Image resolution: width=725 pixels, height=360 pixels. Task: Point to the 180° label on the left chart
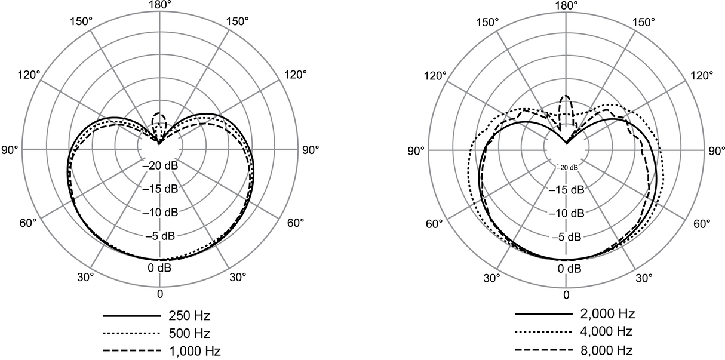[159, 5]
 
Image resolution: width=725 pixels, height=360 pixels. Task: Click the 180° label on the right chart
[566, 5]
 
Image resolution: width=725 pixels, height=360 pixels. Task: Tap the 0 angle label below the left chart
[159, 294]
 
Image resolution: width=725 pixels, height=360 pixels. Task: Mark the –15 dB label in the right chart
[566, 190]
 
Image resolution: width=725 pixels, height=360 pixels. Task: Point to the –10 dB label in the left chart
[159, 213]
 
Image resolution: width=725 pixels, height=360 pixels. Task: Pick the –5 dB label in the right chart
[566, 237]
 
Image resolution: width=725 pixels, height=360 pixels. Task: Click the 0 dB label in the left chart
[159, 267]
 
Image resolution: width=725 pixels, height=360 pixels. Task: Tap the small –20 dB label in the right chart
[567, 168]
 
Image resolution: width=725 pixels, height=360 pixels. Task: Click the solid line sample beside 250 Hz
[132, 314]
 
